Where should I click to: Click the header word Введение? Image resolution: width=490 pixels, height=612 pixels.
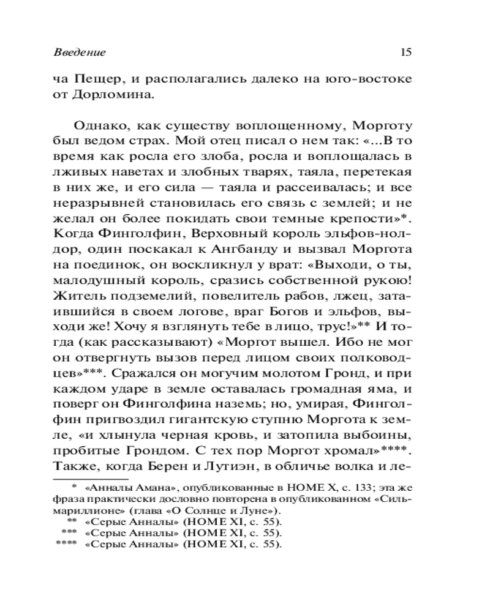click(80, 53)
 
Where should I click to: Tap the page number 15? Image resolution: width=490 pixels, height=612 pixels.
click(405, 52)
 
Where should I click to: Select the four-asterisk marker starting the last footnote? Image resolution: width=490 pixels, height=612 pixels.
click(64, 542)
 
